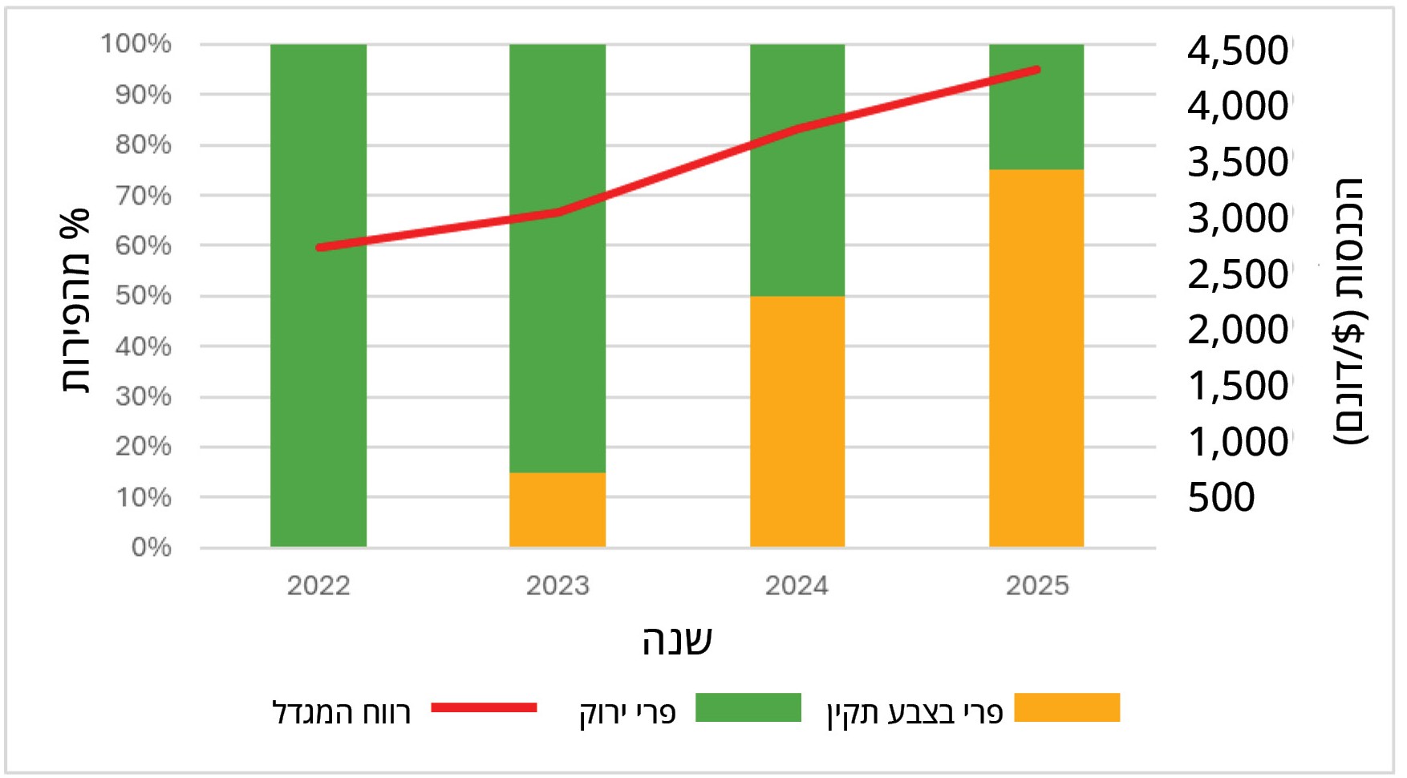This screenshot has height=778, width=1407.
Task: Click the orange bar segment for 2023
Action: point(558,510)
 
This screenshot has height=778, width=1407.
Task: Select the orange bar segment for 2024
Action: point(797,422)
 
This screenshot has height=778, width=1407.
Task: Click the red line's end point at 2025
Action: point(1037,71)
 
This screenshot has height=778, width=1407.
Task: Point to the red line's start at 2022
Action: point(319,248)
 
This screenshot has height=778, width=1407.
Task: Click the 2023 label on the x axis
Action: point(558,586)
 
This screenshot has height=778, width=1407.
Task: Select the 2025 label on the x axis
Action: point(1037,586)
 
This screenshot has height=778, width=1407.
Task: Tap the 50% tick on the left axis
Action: point(144,296)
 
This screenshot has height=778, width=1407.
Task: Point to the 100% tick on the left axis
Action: point(136,43)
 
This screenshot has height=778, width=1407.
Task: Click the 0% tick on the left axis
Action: point(151,548)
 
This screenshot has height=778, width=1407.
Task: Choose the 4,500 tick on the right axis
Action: point(1238,51)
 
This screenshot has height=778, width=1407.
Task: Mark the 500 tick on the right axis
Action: point(1221,497)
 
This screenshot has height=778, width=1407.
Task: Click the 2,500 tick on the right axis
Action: point(1238,274)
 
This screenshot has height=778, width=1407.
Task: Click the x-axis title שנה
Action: point(677,640)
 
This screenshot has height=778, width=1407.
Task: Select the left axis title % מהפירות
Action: point(75,301)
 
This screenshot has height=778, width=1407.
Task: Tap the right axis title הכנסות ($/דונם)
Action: point(1350,311)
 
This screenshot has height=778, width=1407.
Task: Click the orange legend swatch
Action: point(1067,707)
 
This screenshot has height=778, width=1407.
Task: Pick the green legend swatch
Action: point(748,707)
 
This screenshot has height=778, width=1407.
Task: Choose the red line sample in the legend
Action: point(484,707)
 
